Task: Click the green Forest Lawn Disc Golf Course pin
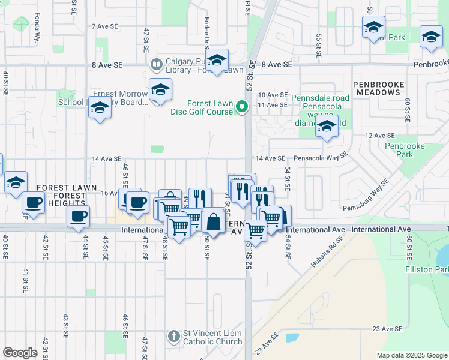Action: (x=243, y=107)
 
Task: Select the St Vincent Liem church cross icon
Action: (x=173, y=336)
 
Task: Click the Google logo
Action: (x=20, y=353)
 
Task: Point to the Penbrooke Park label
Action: (x=405, y=150)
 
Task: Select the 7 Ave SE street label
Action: (x=105, y=27)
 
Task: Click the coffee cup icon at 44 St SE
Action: (x=77, y=217)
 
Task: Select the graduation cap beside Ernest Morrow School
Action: (x=100, y=108)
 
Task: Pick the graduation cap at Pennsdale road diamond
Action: (x=327, y=127)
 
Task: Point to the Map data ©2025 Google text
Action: (x=411, y=355)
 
